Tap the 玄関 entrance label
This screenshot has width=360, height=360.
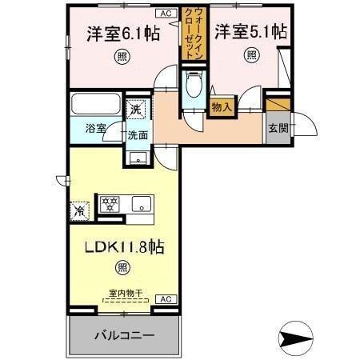click(x=277, y=127)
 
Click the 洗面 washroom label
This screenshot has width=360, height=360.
click(x=137, y=135)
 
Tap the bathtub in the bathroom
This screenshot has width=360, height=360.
click(x=94, y=105)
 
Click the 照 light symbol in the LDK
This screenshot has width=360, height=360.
click(x=121, y=268)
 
